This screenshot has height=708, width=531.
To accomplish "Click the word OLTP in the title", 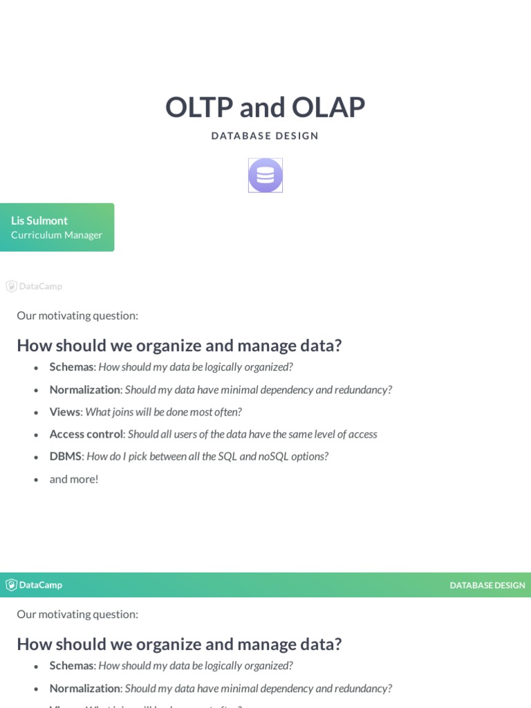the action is [199, 107].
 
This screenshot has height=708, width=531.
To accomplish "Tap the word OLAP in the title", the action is [328, 107].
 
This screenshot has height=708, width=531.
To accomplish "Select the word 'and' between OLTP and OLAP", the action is [262, 107].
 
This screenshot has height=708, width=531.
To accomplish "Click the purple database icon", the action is [265, 175].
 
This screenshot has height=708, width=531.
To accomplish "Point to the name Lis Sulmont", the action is [39, 221].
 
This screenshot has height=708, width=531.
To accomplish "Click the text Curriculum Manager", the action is [57, 235].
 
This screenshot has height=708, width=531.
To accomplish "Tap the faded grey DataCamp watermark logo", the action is [34, 286].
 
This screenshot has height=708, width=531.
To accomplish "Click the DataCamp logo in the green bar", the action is [34, 585].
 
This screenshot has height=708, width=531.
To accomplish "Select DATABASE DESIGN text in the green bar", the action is [487, 585].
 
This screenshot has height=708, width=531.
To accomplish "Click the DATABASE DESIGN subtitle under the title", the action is [265, 136].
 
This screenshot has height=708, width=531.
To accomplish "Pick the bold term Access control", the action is [86, 434].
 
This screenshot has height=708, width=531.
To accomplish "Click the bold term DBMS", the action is [66, 456].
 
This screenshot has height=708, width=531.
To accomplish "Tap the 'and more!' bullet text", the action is [73, 479].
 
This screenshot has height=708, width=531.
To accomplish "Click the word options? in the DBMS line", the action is [310, 457].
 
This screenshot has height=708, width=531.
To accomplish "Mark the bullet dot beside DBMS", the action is [36, 458].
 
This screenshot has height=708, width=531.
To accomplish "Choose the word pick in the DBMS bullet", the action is [138, 457].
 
